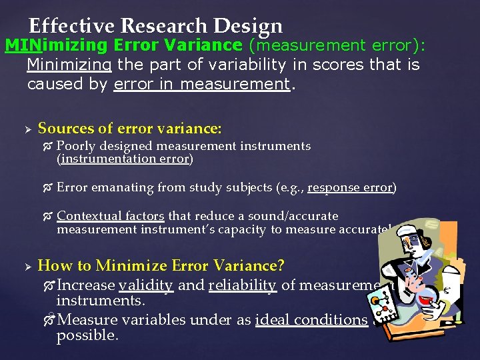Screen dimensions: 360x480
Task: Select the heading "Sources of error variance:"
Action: coord(130,128)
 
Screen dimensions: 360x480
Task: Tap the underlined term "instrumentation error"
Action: coord(125,159)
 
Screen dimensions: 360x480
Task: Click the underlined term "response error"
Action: coord(350,187)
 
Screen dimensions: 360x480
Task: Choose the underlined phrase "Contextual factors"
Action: coord(111,216)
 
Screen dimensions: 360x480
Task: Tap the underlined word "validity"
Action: coord(146,285)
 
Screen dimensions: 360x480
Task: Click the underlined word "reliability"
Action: coord(242,285)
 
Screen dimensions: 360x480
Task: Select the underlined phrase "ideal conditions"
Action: coord(311,319)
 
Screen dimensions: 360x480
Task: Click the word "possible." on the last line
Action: coord(87,335)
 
